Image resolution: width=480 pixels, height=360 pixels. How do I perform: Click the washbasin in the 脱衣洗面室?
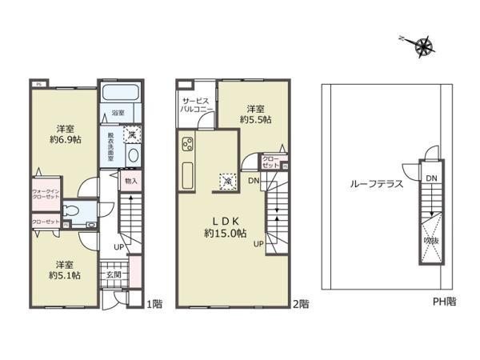[133, 155]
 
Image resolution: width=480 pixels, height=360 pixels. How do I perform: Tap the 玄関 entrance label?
[113, 274]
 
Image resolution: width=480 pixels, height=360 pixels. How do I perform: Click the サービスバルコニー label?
[197, 105]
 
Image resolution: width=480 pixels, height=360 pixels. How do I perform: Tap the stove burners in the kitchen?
[190, 145]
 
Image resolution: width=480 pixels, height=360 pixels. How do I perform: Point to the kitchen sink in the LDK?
[189, 172]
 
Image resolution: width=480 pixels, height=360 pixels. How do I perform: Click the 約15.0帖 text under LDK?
[223, 234]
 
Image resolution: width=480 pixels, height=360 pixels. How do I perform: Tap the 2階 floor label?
[300, 303]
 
